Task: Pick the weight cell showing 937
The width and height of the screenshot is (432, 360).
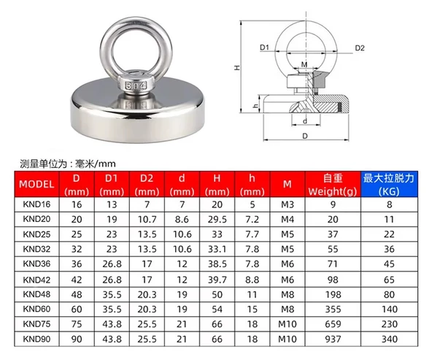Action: [x=333, y=338]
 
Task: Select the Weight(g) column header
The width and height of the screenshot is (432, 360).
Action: [x=333, y=184]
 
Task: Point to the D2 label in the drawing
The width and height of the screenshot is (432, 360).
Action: [x=359, y=48]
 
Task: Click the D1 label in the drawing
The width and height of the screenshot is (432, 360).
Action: [x=265, y=48]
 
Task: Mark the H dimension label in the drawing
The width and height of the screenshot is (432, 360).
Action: [x=237, y=67]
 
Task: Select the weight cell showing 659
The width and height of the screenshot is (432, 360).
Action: [x=333, y=323]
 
